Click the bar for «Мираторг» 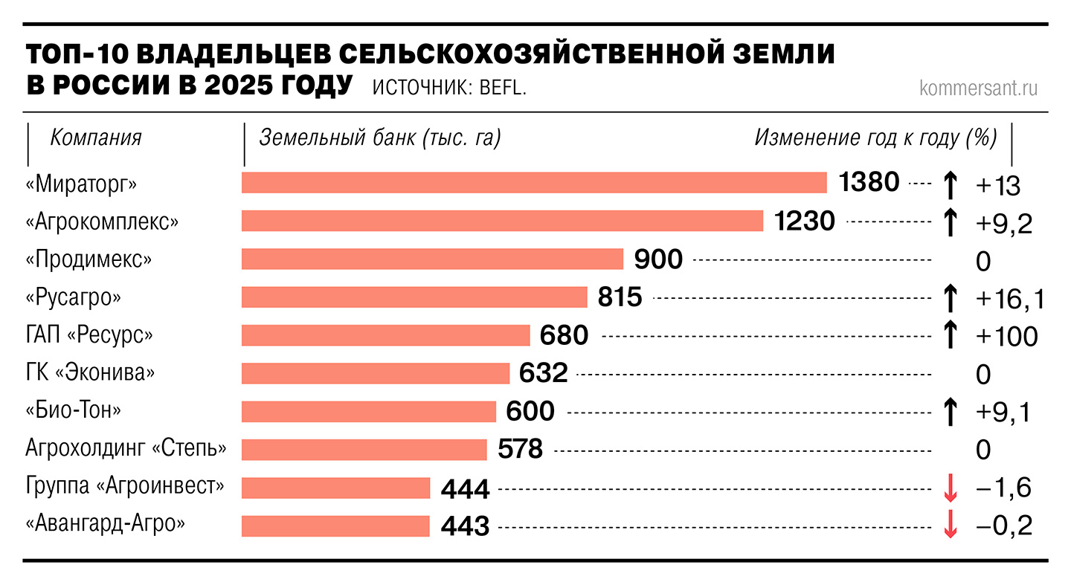[x=534, y=183]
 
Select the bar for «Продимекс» [x=432, y=259]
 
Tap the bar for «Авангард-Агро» [x=335, y=526]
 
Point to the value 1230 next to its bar [x=805, y=221]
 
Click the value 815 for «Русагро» [x=620, y=297]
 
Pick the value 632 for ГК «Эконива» [x=544, y=373]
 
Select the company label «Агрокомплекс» [x=102, y=222]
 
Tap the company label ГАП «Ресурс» [x=89, y=335]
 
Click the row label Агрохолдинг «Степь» [x=126, y=449]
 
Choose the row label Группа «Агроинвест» [x=125, y=487]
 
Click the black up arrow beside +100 [x=949, y=335]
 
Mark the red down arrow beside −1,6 [x=949, y=488]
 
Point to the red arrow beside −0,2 [x=949, y=526]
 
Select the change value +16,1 [x=1010, y=299]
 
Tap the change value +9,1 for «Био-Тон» [x=1003, y=413]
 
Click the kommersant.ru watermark [x=978, y=88]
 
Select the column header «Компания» [x=96, y=138]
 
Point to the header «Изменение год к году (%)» [x=875, y=138]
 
